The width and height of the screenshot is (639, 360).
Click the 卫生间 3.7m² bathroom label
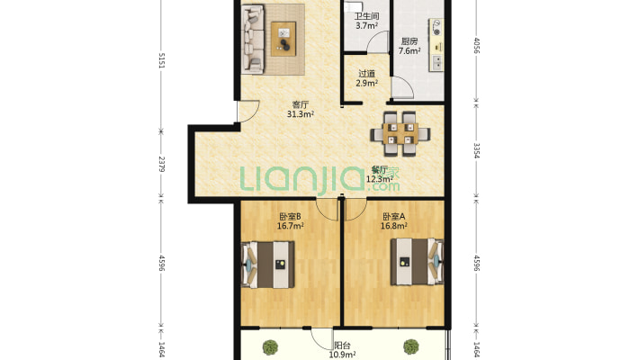click(366, 22)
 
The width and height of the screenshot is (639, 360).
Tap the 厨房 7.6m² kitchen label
click(409, 46)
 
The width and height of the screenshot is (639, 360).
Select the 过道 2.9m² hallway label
click(366, 78)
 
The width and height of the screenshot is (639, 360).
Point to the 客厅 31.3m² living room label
click(301, 109)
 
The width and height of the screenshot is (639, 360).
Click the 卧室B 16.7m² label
click(290, 221)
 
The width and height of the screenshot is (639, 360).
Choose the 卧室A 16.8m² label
click(393, 221)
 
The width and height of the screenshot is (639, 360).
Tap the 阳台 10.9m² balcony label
click(342, 350)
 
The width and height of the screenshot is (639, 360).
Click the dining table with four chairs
click(400, 134)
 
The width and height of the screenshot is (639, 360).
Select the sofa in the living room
click(253, 39)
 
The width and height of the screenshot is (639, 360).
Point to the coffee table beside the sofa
click(283, 39)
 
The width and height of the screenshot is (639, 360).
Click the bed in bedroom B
click(268, 265)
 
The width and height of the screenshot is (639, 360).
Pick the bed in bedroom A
click(417, 261)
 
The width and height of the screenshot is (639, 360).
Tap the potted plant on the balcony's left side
click(270, 347)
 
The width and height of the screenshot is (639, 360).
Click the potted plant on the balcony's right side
click(411, 346)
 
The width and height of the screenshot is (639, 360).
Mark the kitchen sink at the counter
click(437, 62)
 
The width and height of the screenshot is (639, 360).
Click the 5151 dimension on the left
click(161, 60)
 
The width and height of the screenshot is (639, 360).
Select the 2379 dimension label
click(161, 165)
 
